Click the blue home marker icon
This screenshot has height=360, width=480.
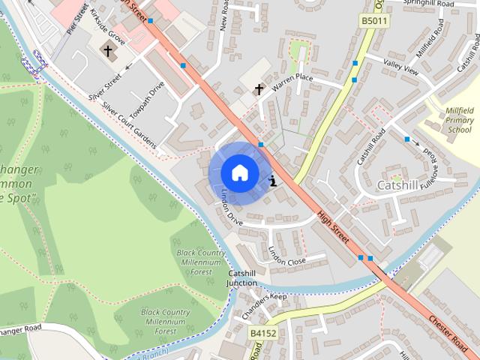click(238, 172)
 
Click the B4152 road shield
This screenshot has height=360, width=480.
click(262, 331)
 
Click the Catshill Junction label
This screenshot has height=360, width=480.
click(242, 278)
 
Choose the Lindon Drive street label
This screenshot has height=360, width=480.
click(232, 211)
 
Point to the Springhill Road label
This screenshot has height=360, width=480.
click(429, 4)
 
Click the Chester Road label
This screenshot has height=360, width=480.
click(448, 331)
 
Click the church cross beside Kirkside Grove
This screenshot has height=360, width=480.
click(108, 52)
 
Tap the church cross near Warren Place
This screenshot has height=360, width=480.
click(259, 90)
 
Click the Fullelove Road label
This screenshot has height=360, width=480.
click(429, 172)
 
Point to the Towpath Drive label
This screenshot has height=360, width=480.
click(146, 100)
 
